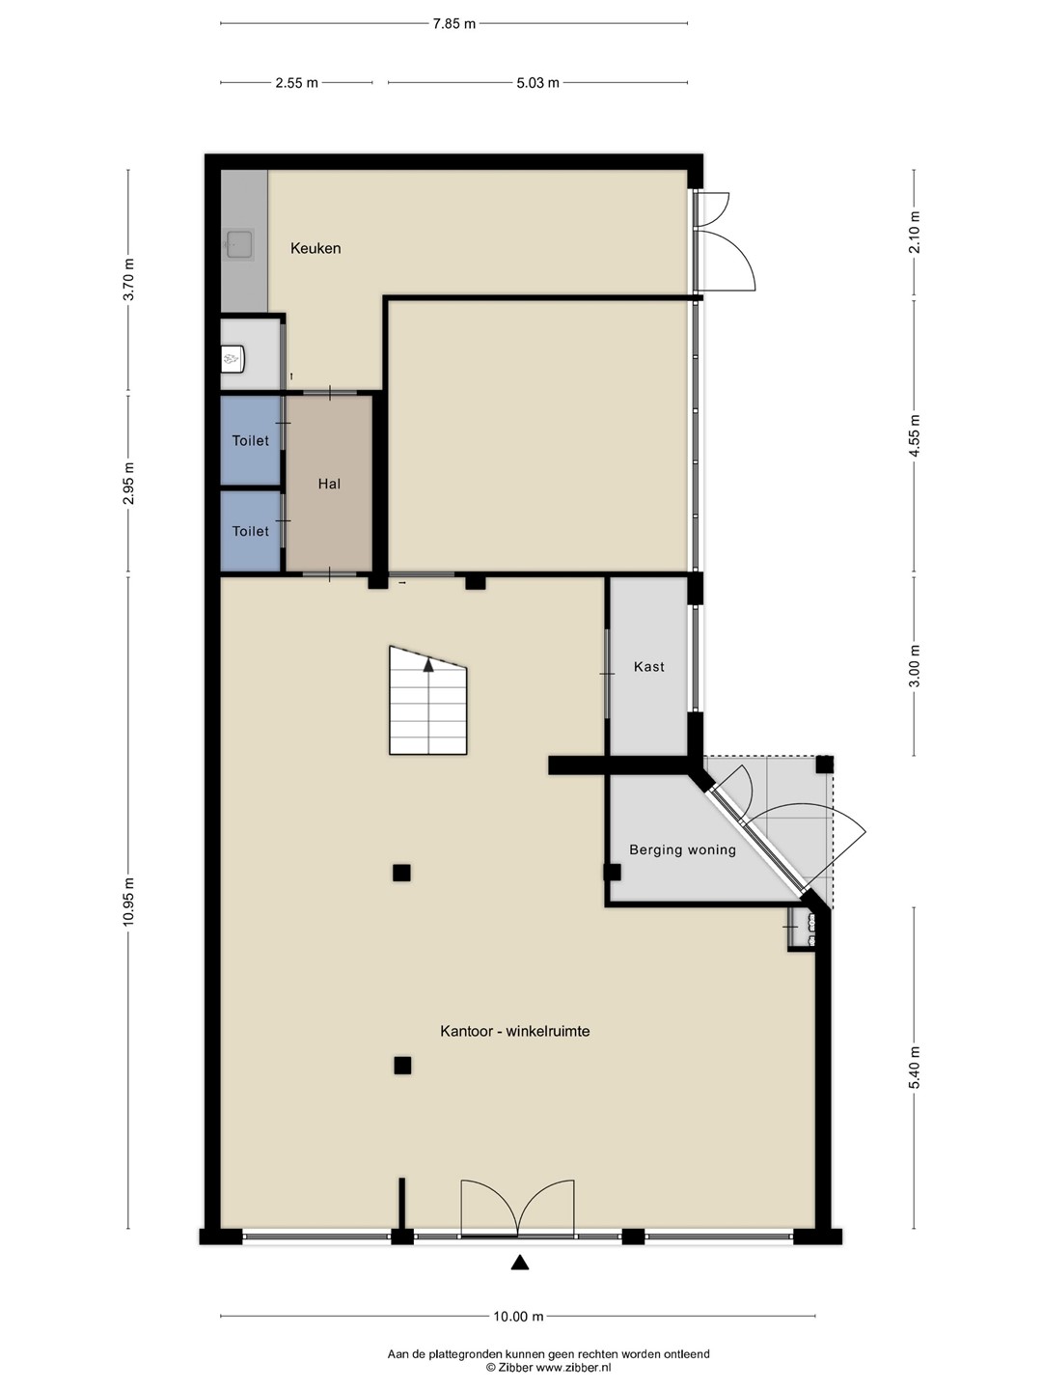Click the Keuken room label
pyautogui.click(x=315, y=248)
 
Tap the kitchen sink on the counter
pyautogui.click(x=239, y=244)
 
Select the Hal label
pyautogui.click(x=329, y=484)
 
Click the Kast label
pyautogui.click(x=648, y=666)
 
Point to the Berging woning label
pyautogui.click(x=682, y=849)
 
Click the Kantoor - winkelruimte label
pyautogui.click(x=515, y=1031)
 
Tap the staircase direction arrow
pyautogui.click(x=428, y=664)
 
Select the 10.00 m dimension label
pyautogui.click(x=518, y=1317)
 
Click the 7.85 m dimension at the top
pyautogui.click(x=453, y=24)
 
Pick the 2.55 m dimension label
pyautogui.click(x=297, y=83)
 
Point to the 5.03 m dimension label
pyautogui.click(x=537, y=83)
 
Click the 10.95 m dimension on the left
pyautogui.click(x=128, y=903)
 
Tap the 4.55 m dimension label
pyautogui.click(x=915, y=436)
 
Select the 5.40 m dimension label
pyautogui.click(x=915, y=1067)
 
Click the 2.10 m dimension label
pyautogui.click(x=915, y=232)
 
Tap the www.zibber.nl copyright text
pyautogui.click(x=548, y=1367)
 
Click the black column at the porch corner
pyautogui.click(x=824, y=764)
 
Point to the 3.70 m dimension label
pyautogui.click(x=128, y=279)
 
